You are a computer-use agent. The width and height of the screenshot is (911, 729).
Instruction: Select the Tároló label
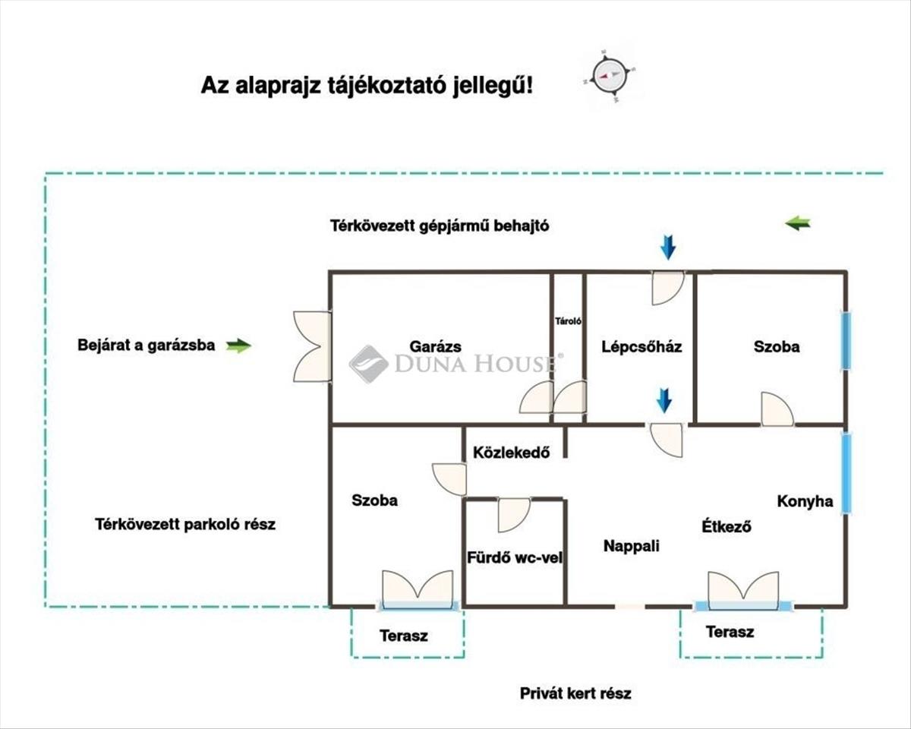coord(568,321)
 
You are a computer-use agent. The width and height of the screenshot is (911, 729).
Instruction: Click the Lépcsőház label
coord(641,347)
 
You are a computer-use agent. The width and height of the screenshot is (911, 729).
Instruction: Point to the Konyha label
coord(805,501)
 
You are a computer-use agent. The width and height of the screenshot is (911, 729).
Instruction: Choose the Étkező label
coord(726,525)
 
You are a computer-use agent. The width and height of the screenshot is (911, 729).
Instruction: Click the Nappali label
coord(631,545)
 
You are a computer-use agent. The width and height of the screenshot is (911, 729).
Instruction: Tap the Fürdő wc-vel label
coord(514,558)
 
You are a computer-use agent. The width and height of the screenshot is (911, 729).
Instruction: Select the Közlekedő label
coord(510,453)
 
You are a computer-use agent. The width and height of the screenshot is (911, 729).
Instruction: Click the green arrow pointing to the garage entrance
coord(239,346)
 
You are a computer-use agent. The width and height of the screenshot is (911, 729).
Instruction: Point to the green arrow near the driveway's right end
coord(797,223)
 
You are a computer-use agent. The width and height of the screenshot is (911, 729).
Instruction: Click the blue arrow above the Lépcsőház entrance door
coord(667,247)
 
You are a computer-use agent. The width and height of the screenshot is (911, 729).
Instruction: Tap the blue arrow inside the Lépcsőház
coord(664,400)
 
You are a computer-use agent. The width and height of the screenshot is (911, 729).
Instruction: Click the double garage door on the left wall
coord(312,346)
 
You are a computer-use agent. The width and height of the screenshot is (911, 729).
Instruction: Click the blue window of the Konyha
coord(846,472)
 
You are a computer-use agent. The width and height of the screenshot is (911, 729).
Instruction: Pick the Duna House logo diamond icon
coord(368,364)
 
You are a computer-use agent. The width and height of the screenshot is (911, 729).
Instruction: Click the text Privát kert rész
coord(575,693)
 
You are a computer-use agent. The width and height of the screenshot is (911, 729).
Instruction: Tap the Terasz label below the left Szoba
coord(403,636)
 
